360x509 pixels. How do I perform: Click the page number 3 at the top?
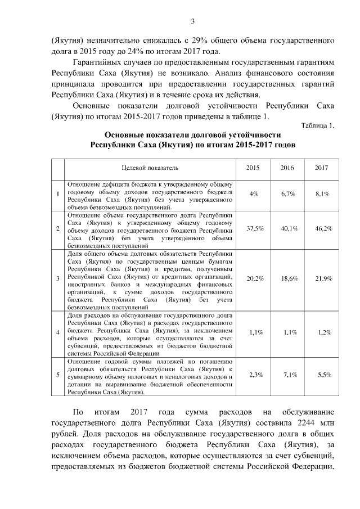tap(192, 21)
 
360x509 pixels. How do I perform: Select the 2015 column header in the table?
tap(254, 168)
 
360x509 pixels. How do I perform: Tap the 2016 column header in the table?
tap(287, 168)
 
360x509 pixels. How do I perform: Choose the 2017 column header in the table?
tap(321, 168)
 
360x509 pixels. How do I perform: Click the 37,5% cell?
tap(255, 228)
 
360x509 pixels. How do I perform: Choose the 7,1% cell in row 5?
tap(290, 375)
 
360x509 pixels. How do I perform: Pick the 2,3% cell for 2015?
tap(255, 375)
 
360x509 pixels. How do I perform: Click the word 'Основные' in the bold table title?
tap(124, 135)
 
